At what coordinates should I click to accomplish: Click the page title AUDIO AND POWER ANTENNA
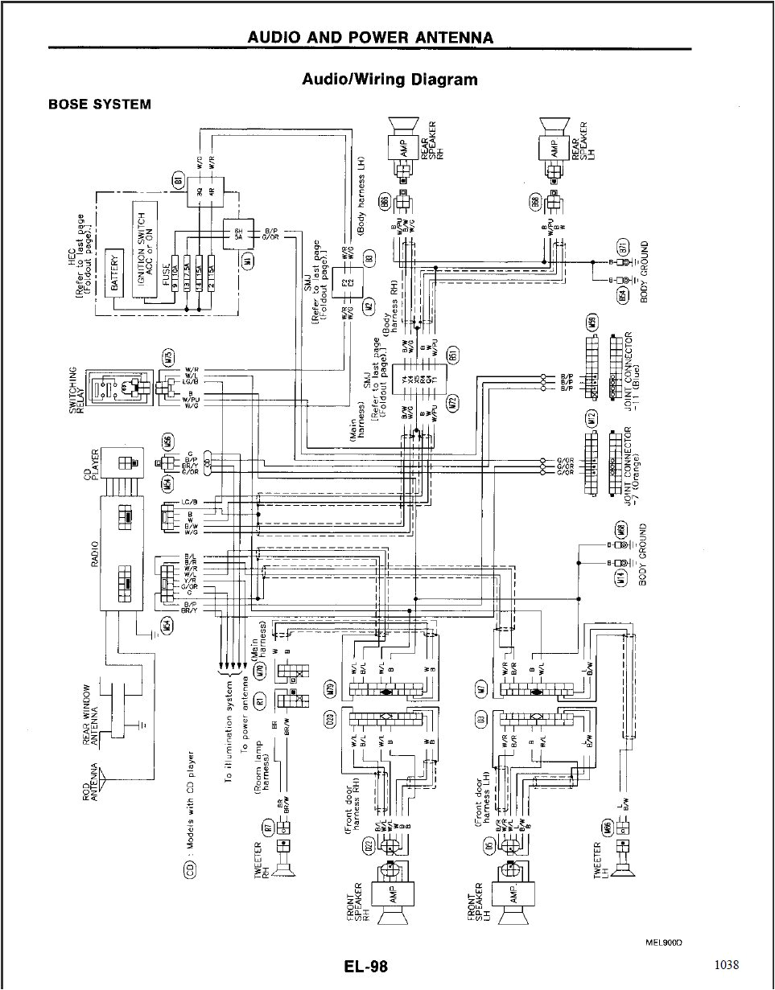click(370, 37)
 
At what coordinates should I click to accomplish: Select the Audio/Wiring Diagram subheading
click(389, 79)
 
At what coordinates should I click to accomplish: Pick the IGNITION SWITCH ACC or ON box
click(146, 249)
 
